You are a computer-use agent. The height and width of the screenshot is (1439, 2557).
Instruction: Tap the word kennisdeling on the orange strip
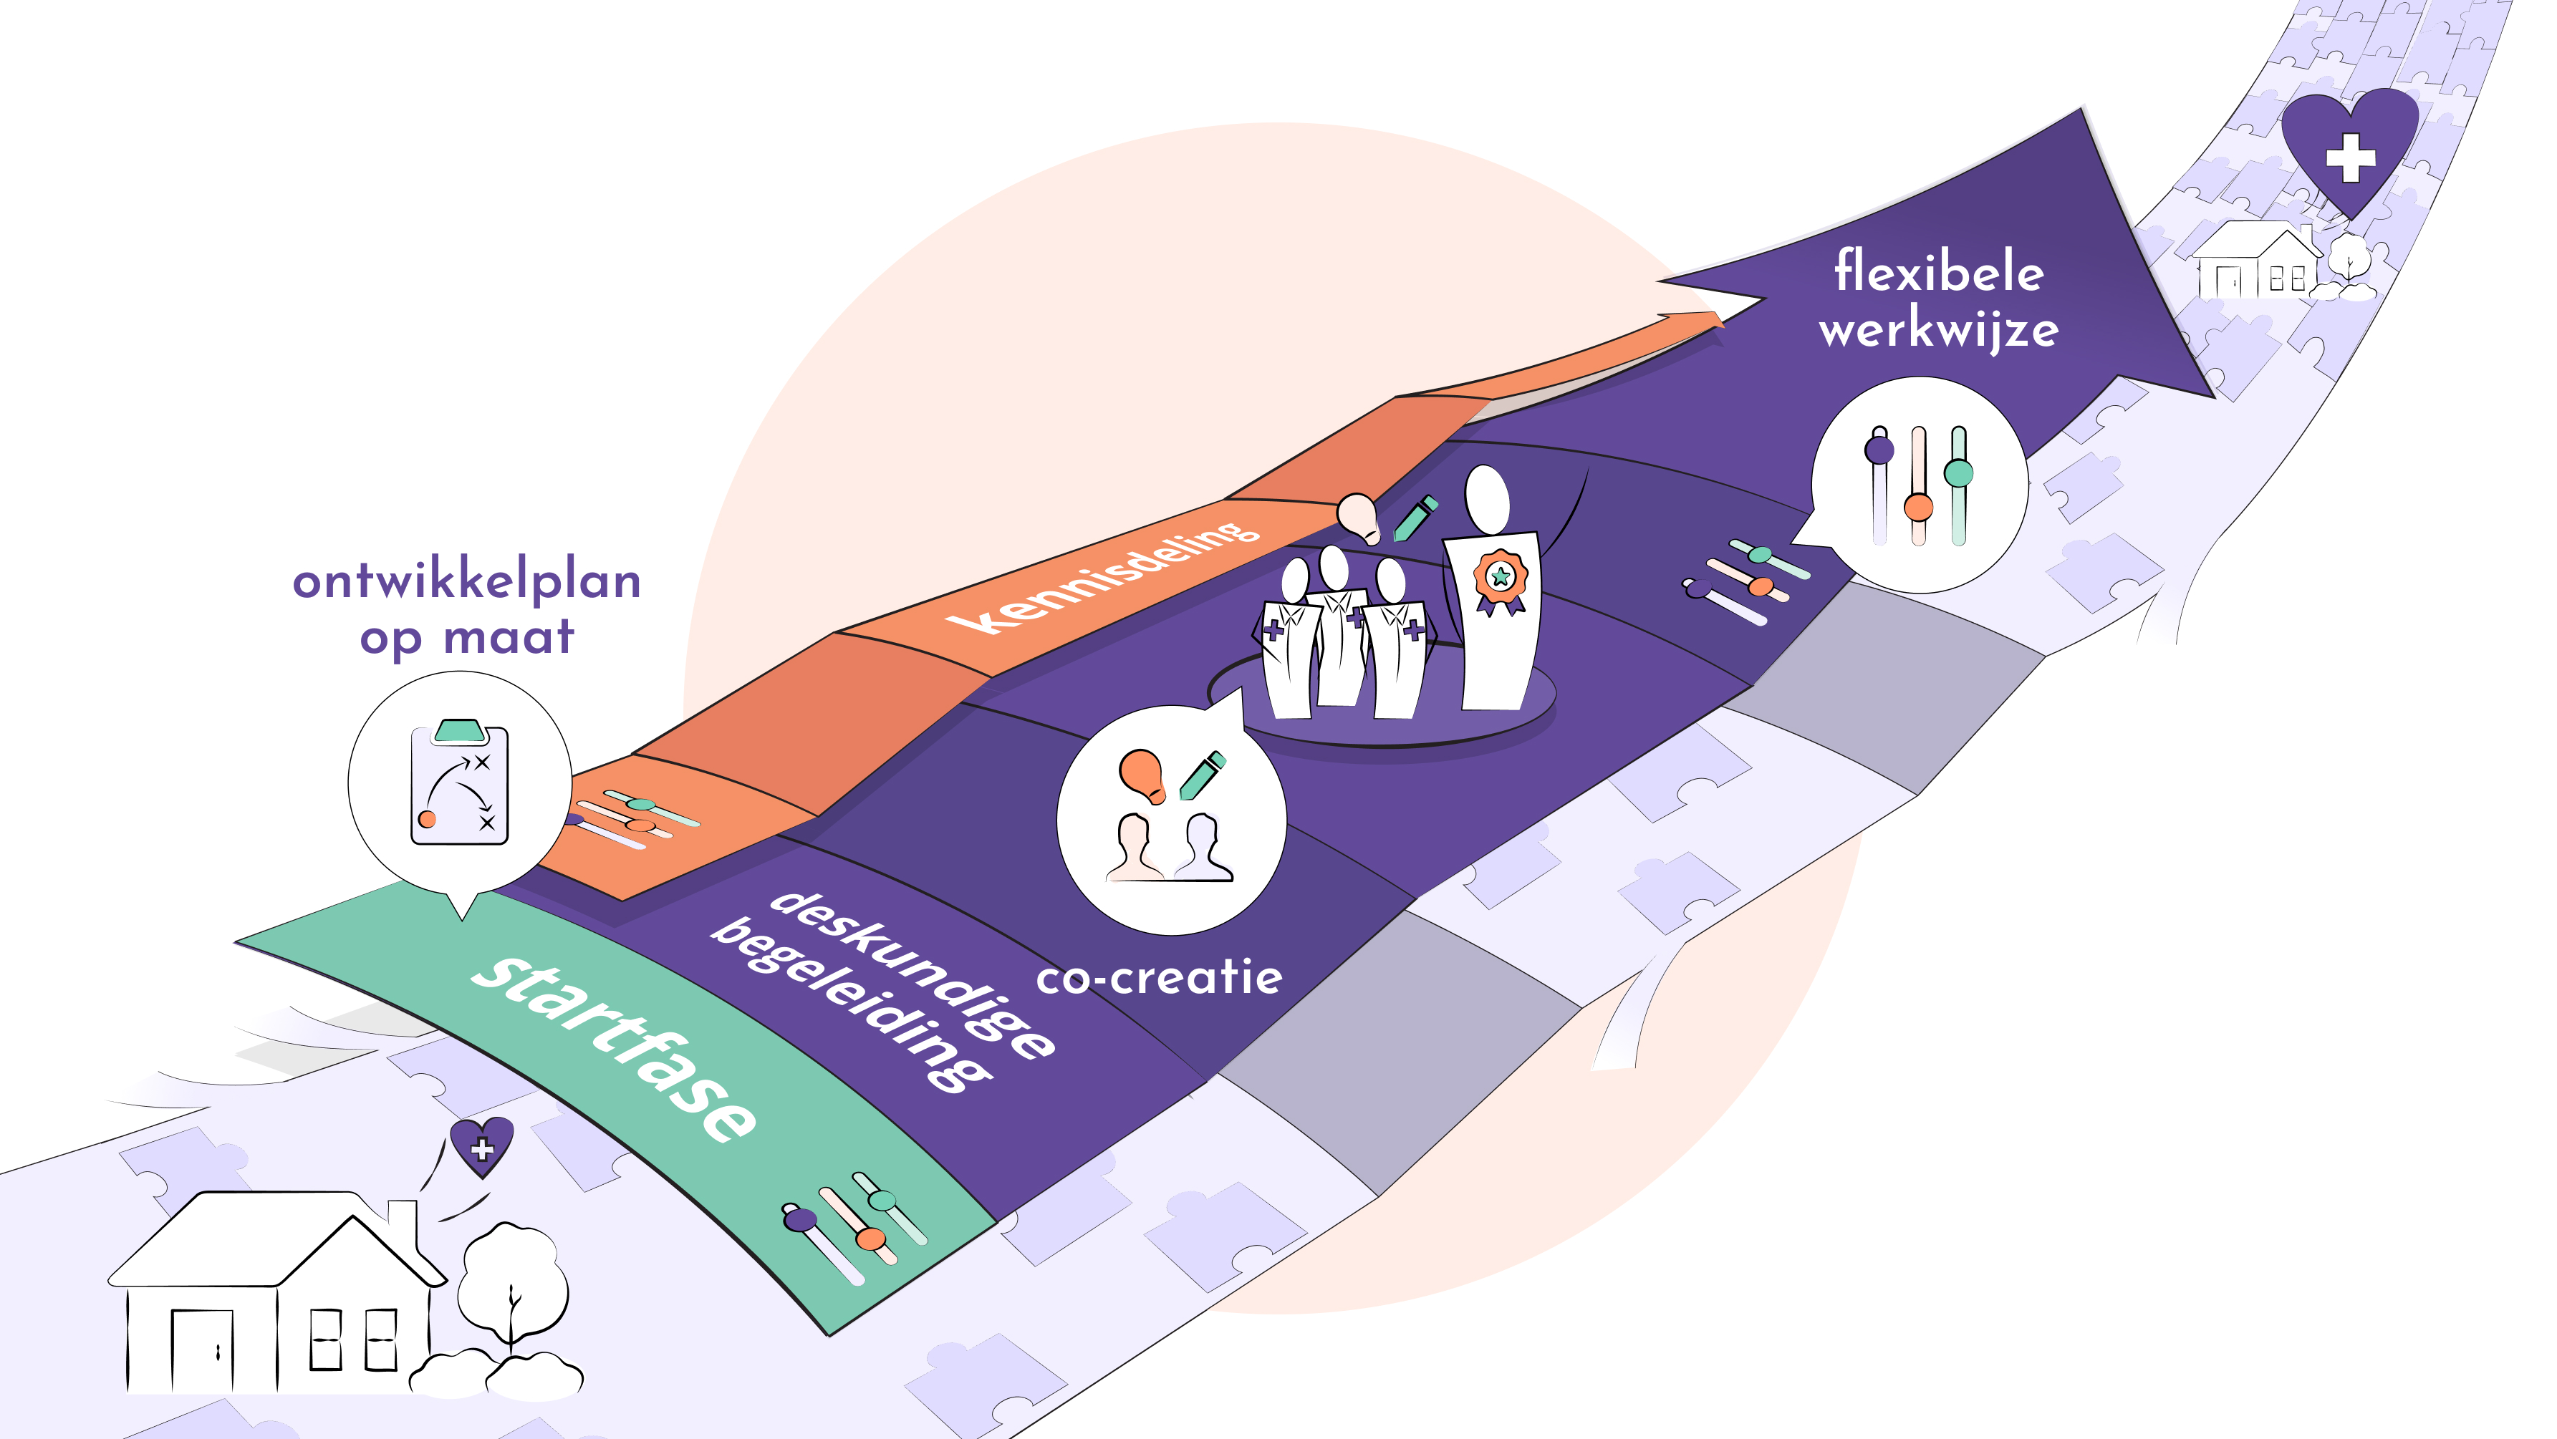pyautogui.click(x=1102, y=578)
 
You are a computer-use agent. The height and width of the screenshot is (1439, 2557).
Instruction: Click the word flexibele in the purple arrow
pyautogui.click(x=1937, y=272)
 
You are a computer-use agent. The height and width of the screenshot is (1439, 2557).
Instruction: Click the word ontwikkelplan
pyautogui.click(x=466, y=581)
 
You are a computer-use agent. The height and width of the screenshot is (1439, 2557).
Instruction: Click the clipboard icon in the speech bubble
pyautogui.click(x=460, y=783)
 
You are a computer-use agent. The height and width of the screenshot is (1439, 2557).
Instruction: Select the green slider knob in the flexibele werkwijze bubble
pyautogui.click(x=1958, y=473)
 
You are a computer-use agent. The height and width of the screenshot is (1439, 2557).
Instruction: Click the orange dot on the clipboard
pyautogui.click(x=427, y=819)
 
